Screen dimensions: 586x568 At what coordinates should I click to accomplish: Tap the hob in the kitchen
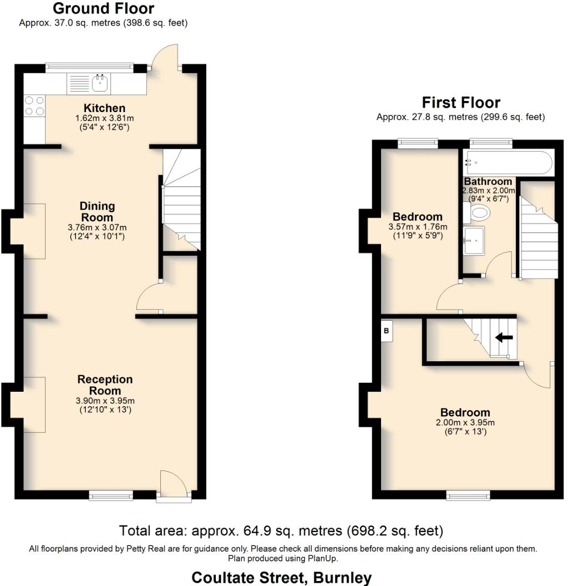(x=34, y=105)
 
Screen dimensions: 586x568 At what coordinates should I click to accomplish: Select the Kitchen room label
(x=104, y=108)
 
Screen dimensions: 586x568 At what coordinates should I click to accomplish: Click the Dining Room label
(x=97, y=212)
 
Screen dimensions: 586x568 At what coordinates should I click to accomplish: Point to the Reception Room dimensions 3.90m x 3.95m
(x=105, y=401)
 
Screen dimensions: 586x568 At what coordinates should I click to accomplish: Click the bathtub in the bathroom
(x=508, y=163)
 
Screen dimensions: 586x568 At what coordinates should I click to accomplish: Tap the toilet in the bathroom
(x=478, y=212)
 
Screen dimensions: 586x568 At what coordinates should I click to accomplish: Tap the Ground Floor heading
(x=103, y=9)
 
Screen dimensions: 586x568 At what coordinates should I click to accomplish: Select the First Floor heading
(x=461, y=103)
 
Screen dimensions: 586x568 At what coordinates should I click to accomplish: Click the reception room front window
(x=111, y=495)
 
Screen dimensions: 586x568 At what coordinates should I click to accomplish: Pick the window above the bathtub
(x=490, y=143)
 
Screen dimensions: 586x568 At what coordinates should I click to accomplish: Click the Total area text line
(x=281, y=531)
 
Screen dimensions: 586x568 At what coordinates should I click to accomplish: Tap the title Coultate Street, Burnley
(x=281, y=578)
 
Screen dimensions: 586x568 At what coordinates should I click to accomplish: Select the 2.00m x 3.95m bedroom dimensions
(x=465, y=422)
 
